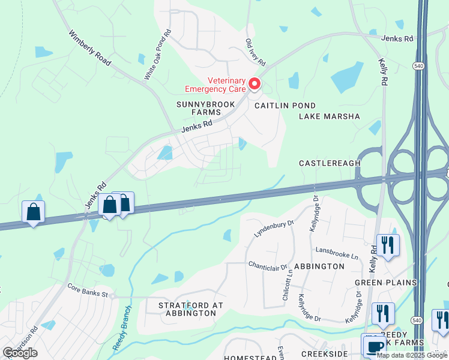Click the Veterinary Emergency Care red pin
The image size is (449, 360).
[255, 85]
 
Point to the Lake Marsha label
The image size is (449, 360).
[330, 116]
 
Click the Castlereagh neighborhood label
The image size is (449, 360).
[330, 163]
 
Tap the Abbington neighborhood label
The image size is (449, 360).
[319, 266]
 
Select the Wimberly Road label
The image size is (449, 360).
[91, 49]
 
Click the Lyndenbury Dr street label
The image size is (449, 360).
[274, 229]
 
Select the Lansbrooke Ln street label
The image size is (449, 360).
[337, 253]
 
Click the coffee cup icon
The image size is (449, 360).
[375, 346]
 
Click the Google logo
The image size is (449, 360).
[20, 353]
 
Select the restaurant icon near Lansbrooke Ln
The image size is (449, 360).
[388, 245]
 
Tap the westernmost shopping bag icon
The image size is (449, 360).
[33, 212]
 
